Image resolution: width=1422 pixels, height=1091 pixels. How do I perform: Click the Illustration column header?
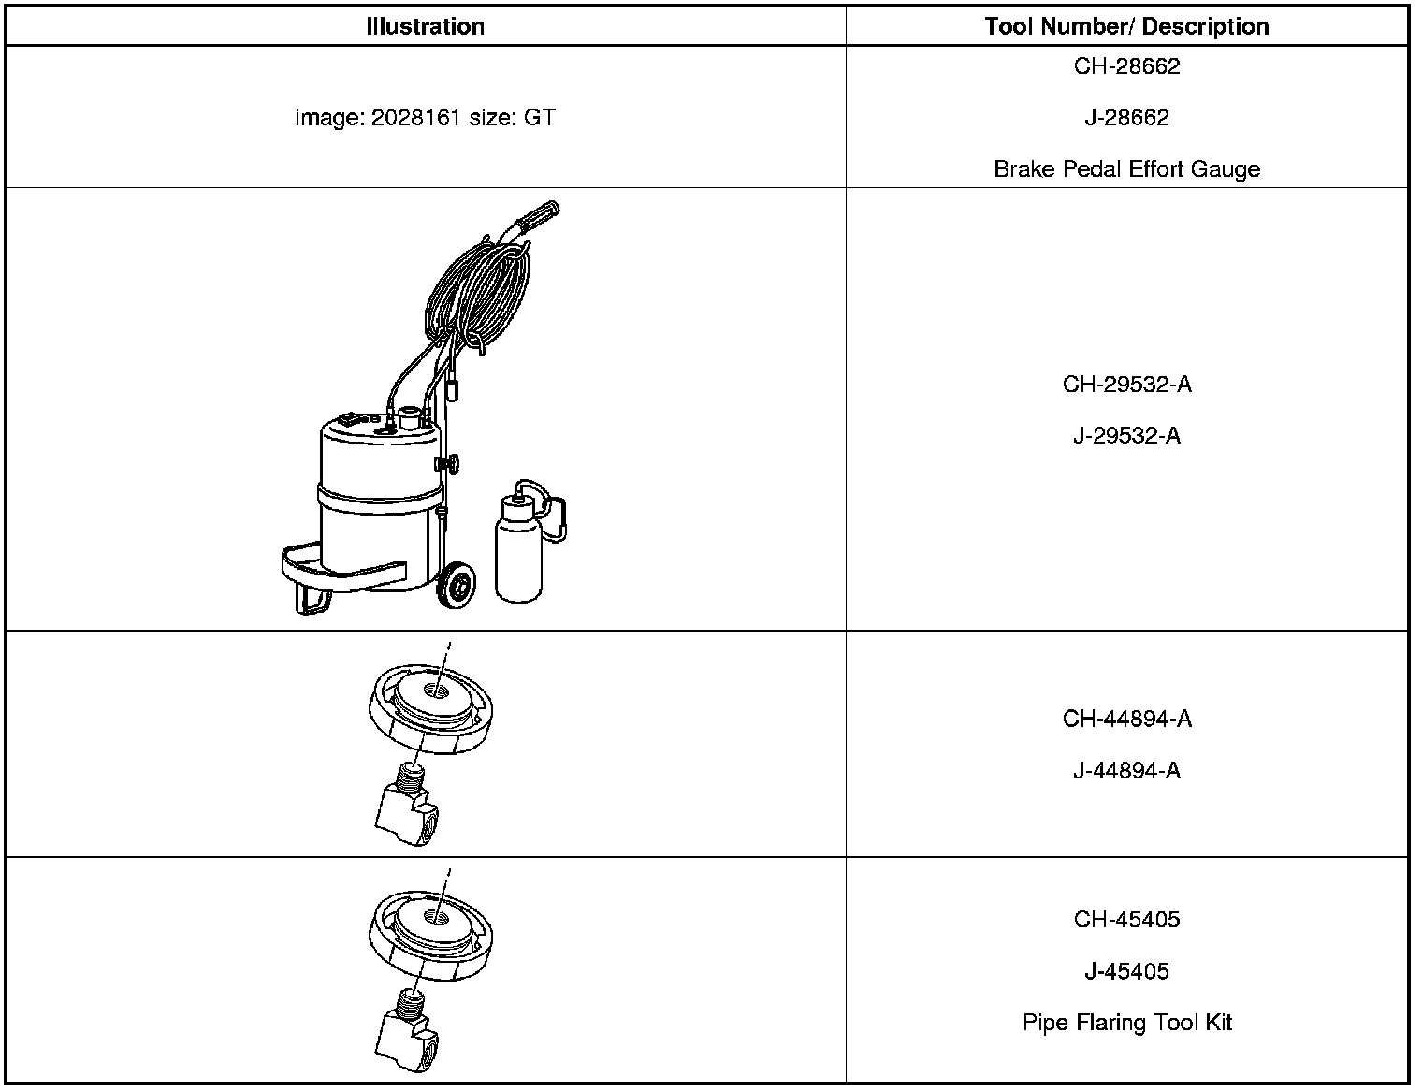pos(426,26)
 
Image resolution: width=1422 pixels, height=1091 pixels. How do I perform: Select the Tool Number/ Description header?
pos(1126,26)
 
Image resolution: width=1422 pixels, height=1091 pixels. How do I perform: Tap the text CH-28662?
pos(1126,66)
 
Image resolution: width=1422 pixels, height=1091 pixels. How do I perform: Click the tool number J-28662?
pos(1126,118)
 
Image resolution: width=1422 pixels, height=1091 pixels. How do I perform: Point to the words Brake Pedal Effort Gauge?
pos(1126,169)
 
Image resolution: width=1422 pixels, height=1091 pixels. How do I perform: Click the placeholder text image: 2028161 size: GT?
pos(426,118)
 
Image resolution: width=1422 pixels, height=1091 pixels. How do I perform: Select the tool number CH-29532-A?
pos(1126,385)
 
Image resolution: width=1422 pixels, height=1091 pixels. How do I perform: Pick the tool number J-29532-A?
pos(1126,436)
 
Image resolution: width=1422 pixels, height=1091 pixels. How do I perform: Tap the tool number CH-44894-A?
pos(1126,719)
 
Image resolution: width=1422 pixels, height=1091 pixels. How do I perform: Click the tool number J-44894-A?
pos(1126,771)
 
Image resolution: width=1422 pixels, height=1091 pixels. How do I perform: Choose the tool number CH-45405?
pos(1126,920)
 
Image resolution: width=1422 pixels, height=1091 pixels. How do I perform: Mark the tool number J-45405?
pos(1126,971)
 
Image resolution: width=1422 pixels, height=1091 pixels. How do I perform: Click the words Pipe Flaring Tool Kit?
pos(1126,1023)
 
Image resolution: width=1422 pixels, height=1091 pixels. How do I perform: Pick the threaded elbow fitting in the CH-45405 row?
pos(409,1033)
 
